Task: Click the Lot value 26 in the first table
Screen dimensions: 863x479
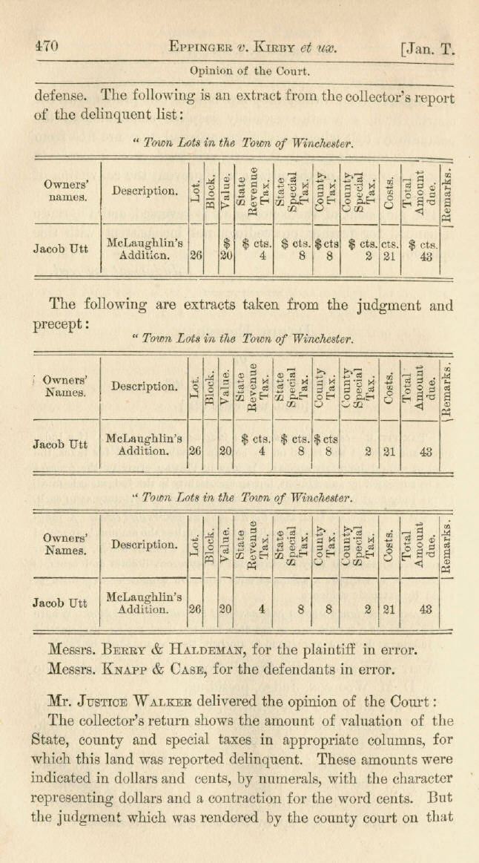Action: pos(196,255)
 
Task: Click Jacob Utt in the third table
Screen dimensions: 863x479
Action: pos(60,603)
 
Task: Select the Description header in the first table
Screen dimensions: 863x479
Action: pos(145,191)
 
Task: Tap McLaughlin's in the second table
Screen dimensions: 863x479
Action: pos(145,439)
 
